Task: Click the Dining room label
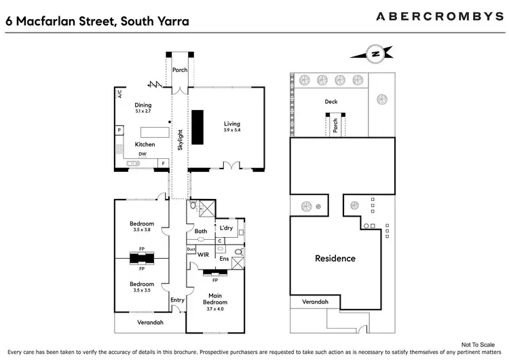tap(143, 105)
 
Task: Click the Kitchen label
tap(145, 145)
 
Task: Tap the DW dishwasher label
tap(143, 154)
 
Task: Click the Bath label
tap(201, 232)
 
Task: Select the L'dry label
tap(225, 228)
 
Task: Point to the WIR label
tap(203, 255)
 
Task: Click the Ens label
tap(223, 259)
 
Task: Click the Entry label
tap(177, 300)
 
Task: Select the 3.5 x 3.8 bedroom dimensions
tap(143, 230)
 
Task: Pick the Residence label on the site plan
tap(335, 258)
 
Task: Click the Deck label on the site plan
tap(331, 102)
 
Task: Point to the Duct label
tap(191, 250)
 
